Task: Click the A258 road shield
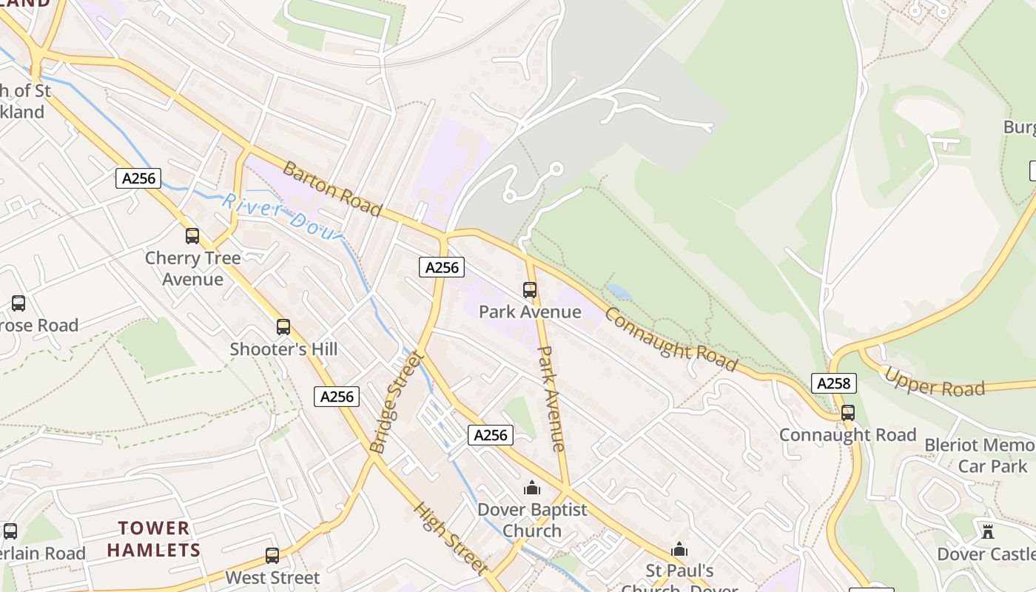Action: click(835, 383)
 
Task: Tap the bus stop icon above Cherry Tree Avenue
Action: click(192, 236)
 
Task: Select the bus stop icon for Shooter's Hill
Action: click(283, 327)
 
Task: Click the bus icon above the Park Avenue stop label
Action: click(530, 290)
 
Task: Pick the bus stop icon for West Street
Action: click(272, 556)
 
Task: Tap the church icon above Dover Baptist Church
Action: click(531, 488)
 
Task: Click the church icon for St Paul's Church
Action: click(679, 549)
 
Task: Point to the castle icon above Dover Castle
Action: click(987, 531)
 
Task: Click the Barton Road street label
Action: click(332, 189)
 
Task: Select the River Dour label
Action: click(283, 215)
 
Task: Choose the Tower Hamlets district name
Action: click(154, 539)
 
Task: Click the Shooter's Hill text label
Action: click(283, 349)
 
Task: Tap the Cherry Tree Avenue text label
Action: click(192, 269)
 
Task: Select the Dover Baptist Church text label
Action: click(532, 520)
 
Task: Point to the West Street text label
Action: click(272, 577)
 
